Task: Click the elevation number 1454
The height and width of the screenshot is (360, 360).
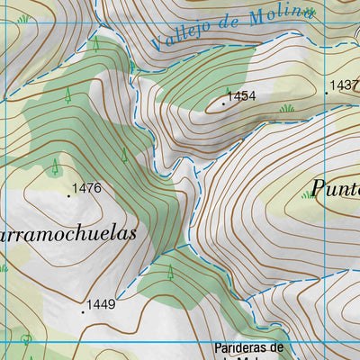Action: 242,95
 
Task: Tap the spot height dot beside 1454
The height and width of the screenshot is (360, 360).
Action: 223,103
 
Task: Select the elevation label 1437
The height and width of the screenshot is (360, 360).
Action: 346,85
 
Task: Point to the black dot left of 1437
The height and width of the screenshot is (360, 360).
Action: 326,93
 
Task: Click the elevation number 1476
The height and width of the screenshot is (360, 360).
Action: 86,188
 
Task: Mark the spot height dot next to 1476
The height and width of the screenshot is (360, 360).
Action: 68,195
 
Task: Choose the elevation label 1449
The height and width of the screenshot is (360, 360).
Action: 102,305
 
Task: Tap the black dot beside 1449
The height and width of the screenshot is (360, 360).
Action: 83,311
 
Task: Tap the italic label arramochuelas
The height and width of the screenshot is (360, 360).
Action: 68,233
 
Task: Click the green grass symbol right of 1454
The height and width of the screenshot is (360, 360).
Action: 287,108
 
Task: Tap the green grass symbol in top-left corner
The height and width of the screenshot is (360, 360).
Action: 22,18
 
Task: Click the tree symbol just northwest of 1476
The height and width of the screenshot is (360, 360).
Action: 56,166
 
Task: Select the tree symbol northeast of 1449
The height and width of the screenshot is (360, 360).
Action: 169,272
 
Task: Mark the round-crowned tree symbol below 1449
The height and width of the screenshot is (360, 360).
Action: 26,339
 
